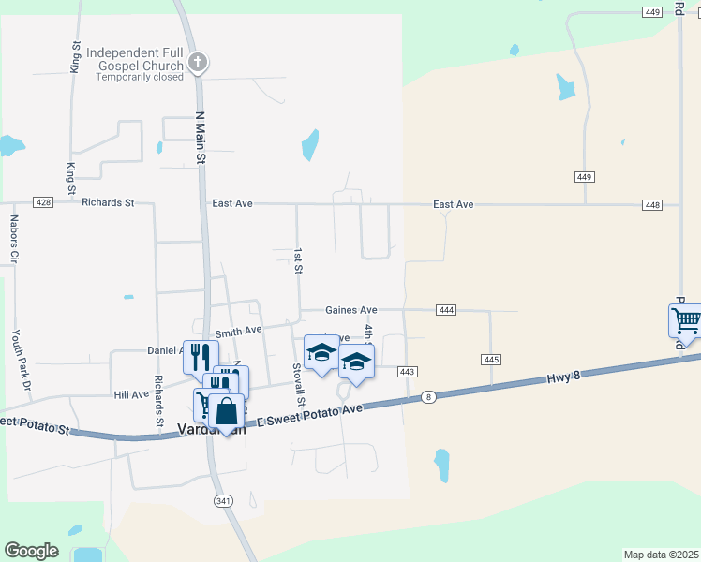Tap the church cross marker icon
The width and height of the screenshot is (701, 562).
pyautogui.click(x=197, y=63)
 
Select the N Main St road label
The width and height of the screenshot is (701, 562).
pyautogui.click(x=200, y=139)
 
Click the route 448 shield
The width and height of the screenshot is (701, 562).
pyautogui.click(x=653, y=205)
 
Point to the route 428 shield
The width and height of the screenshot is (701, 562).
pyautogui.click(x=42, y=202)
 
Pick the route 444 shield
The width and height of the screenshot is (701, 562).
pyautogui.click(x=446, y=310)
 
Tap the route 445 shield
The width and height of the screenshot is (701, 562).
pyautogui.click(x=491, y=360)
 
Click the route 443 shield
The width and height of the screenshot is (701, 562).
pyautogui.click(x=406, y=372)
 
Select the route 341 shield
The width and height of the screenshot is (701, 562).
pyautogui.click(x=223, y=501)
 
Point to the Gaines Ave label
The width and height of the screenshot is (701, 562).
pyautogui.click(x=351, y=310)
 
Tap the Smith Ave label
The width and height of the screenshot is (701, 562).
pyautogui.click(x=238, y=332)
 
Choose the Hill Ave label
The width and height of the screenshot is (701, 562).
pyautogui.click(x=131, y=394)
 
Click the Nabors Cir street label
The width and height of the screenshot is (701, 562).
pyautogui.click(x=14, y=238)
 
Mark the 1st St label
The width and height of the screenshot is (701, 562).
pyautogui.click(x=298, y=261)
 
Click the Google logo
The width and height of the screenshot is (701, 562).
pyautogui.click(x=32, y=551)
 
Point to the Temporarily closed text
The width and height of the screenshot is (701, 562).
pyautogui.click(x=140, y=77)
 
